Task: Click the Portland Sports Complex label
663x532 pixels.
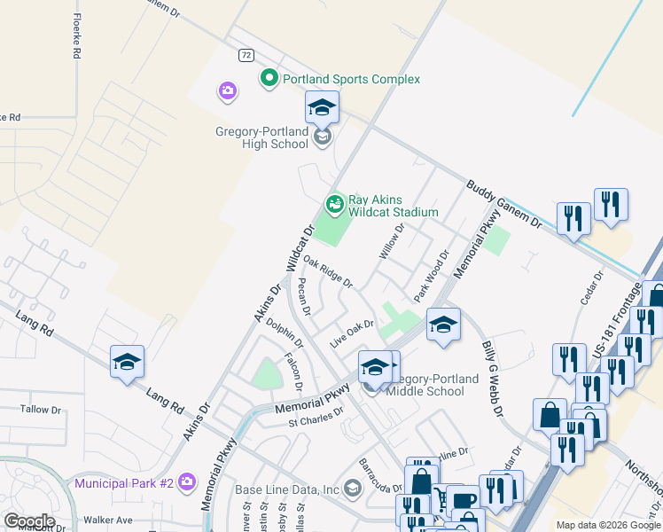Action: coord(351,79)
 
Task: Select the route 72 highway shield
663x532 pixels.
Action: coord(246,55)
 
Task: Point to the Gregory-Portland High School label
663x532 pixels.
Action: coord(261,138)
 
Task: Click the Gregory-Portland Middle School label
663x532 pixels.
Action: coord(433,385)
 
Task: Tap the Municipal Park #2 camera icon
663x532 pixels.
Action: coord(186,482)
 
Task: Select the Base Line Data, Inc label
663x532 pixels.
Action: coord(287,489)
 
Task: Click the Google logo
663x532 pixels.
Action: coord(29,520)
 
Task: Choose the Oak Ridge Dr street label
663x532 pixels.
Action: coord(328,272)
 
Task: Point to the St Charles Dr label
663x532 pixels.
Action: coord(316,417)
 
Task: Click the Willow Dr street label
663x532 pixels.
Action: coord(392,241)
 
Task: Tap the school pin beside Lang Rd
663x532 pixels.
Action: coord(127,362)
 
